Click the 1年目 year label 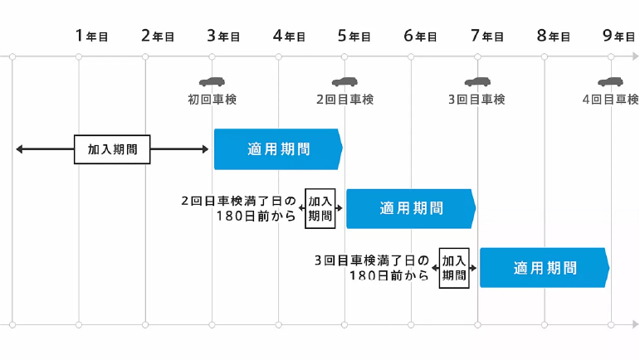point(91,36)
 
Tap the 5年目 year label point(354,36)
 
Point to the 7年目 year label point(487,36)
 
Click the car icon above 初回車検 point(212,82)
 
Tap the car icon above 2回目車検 point(344,82)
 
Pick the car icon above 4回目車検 point(610,82)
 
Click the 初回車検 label point(213,100)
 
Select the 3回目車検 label point(476,100)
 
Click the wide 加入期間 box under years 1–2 point(113,149)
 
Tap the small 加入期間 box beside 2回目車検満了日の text point(320,208)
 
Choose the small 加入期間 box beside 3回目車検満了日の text point(454,268)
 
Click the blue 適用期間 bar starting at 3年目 point(278,149)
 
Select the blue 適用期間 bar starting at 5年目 point(411,208)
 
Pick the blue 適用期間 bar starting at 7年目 point(544,268)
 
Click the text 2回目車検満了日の point(238,201)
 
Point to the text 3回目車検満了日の point(372,260)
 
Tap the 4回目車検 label point(610,100)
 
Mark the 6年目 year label point(421,36)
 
